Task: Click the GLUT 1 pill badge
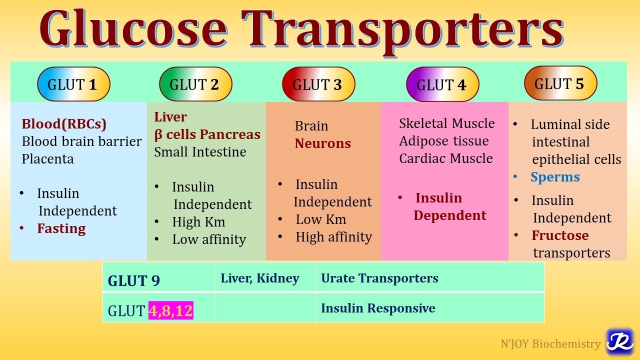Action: click(x=73, y=84)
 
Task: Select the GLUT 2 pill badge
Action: click(x=195, y=84)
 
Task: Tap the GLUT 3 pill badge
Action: click(x=318, y=84)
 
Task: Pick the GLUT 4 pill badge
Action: click(x=442, y=85)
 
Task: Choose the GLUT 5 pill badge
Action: click(x=560, y=83)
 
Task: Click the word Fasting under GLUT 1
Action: click(x=61, y=228)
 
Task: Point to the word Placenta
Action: click(x=48, y=159)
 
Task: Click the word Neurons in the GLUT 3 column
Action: click(x=322, y=143)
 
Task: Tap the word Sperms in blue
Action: click(x=555, y=177)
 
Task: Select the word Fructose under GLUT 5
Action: click(x=560, y=235)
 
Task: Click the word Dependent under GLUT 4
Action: click(x=450, y=215)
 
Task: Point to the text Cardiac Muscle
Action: click(x=446, y=158)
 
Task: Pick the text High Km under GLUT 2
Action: click(x=198, y=221)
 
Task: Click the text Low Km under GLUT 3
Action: click(x=320, y=219)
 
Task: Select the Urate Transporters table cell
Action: click(x=379, y=278)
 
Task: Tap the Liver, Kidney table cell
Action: click(x=260, y=278)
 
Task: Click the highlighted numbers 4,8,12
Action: click(x=171, y=310)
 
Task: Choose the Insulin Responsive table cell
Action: click(x=378, y=308)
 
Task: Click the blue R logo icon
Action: click(x=619, y=342)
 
